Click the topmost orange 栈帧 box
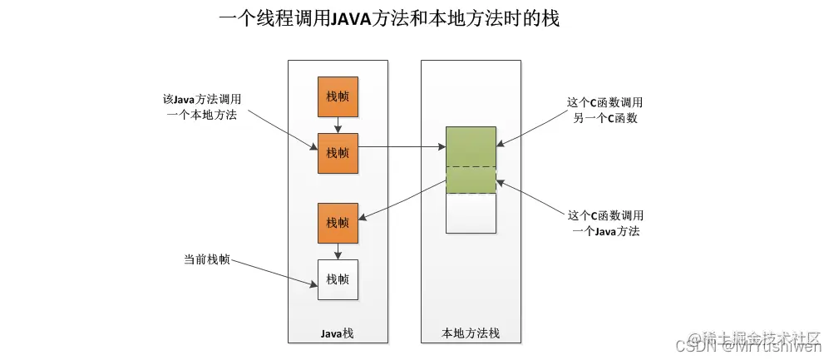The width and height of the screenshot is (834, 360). [338, 96]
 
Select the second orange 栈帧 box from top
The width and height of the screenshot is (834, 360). [338, 153]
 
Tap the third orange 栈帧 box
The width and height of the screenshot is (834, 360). [338, 223]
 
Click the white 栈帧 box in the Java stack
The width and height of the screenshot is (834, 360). [338, 279]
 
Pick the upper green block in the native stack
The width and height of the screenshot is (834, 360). [471, 146]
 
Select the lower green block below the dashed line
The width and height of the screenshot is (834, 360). [471, 180]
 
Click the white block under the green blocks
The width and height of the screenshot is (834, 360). [471, 213]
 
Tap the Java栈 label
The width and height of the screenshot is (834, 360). [337, 333]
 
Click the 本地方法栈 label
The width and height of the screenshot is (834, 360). [471, 333]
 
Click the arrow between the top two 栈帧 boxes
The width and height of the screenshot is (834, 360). [338, 125]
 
